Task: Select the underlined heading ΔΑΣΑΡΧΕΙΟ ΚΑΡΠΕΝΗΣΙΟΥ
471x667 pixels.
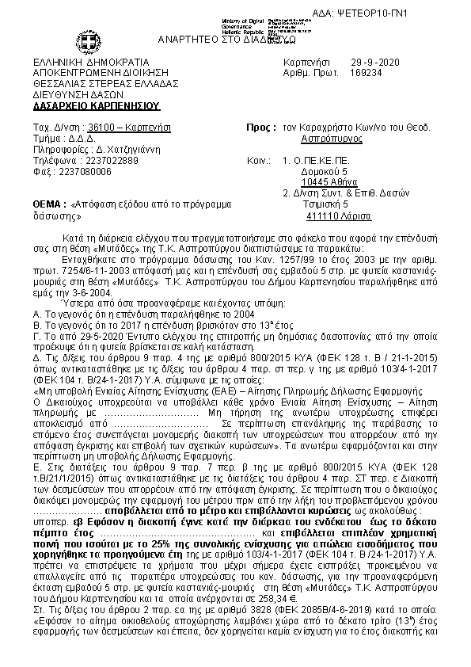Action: click(96, 105)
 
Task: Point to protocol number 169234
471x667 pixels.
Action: click(366, 72)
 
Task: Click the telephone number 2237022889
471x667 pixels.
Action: click(110, 159)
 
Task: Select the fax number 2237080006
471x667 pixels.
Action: click(101, 170)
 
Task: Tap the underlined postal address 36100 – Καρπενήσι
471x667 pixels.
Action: click(127, 127)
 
